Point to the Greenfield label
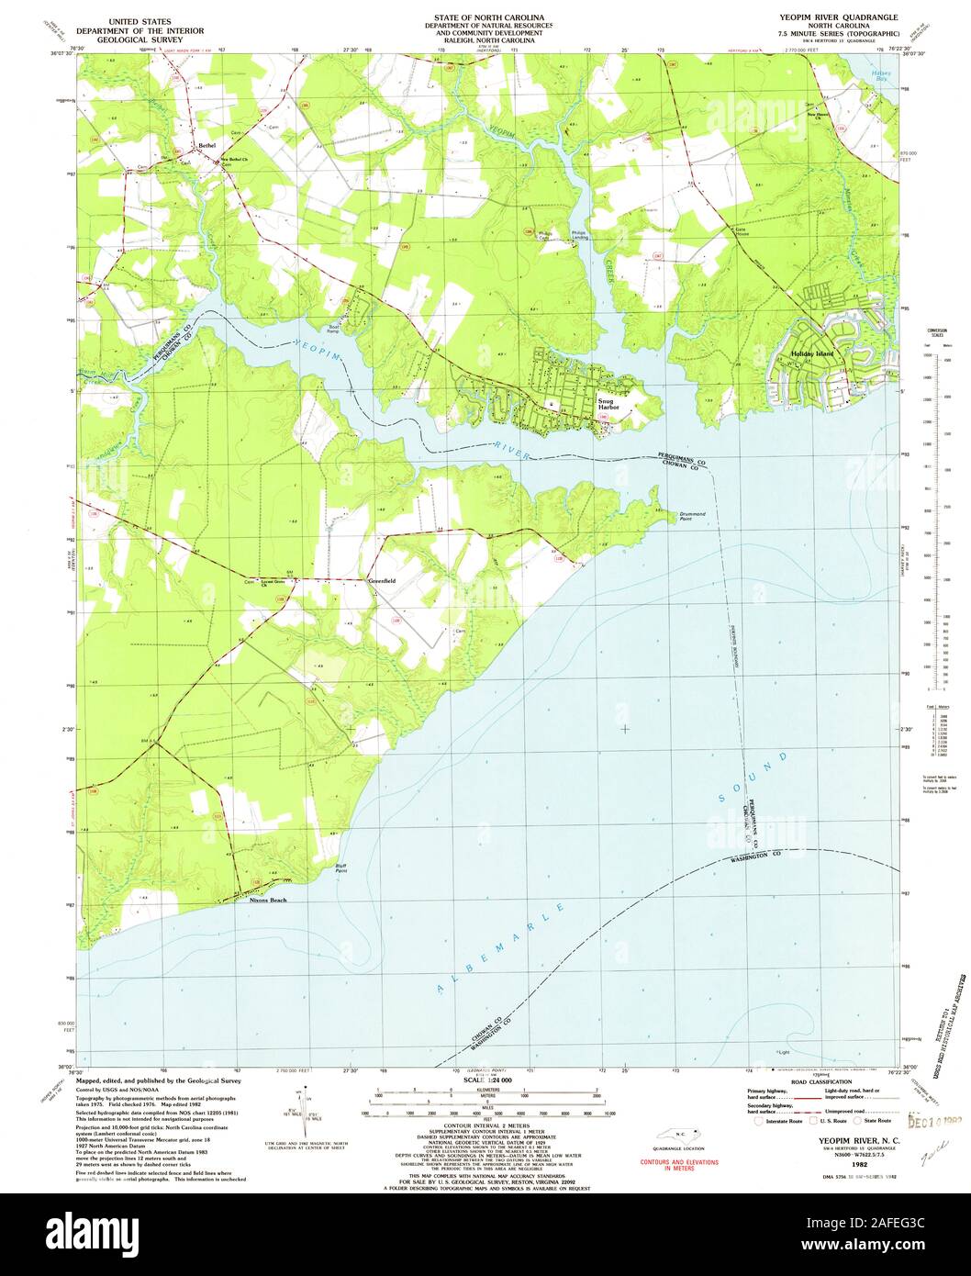pos(381,581)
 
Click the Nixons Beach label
pos(268,900)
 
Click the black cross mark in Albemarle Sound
pos(625,729)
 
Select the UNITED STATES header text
pos(140,17)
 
